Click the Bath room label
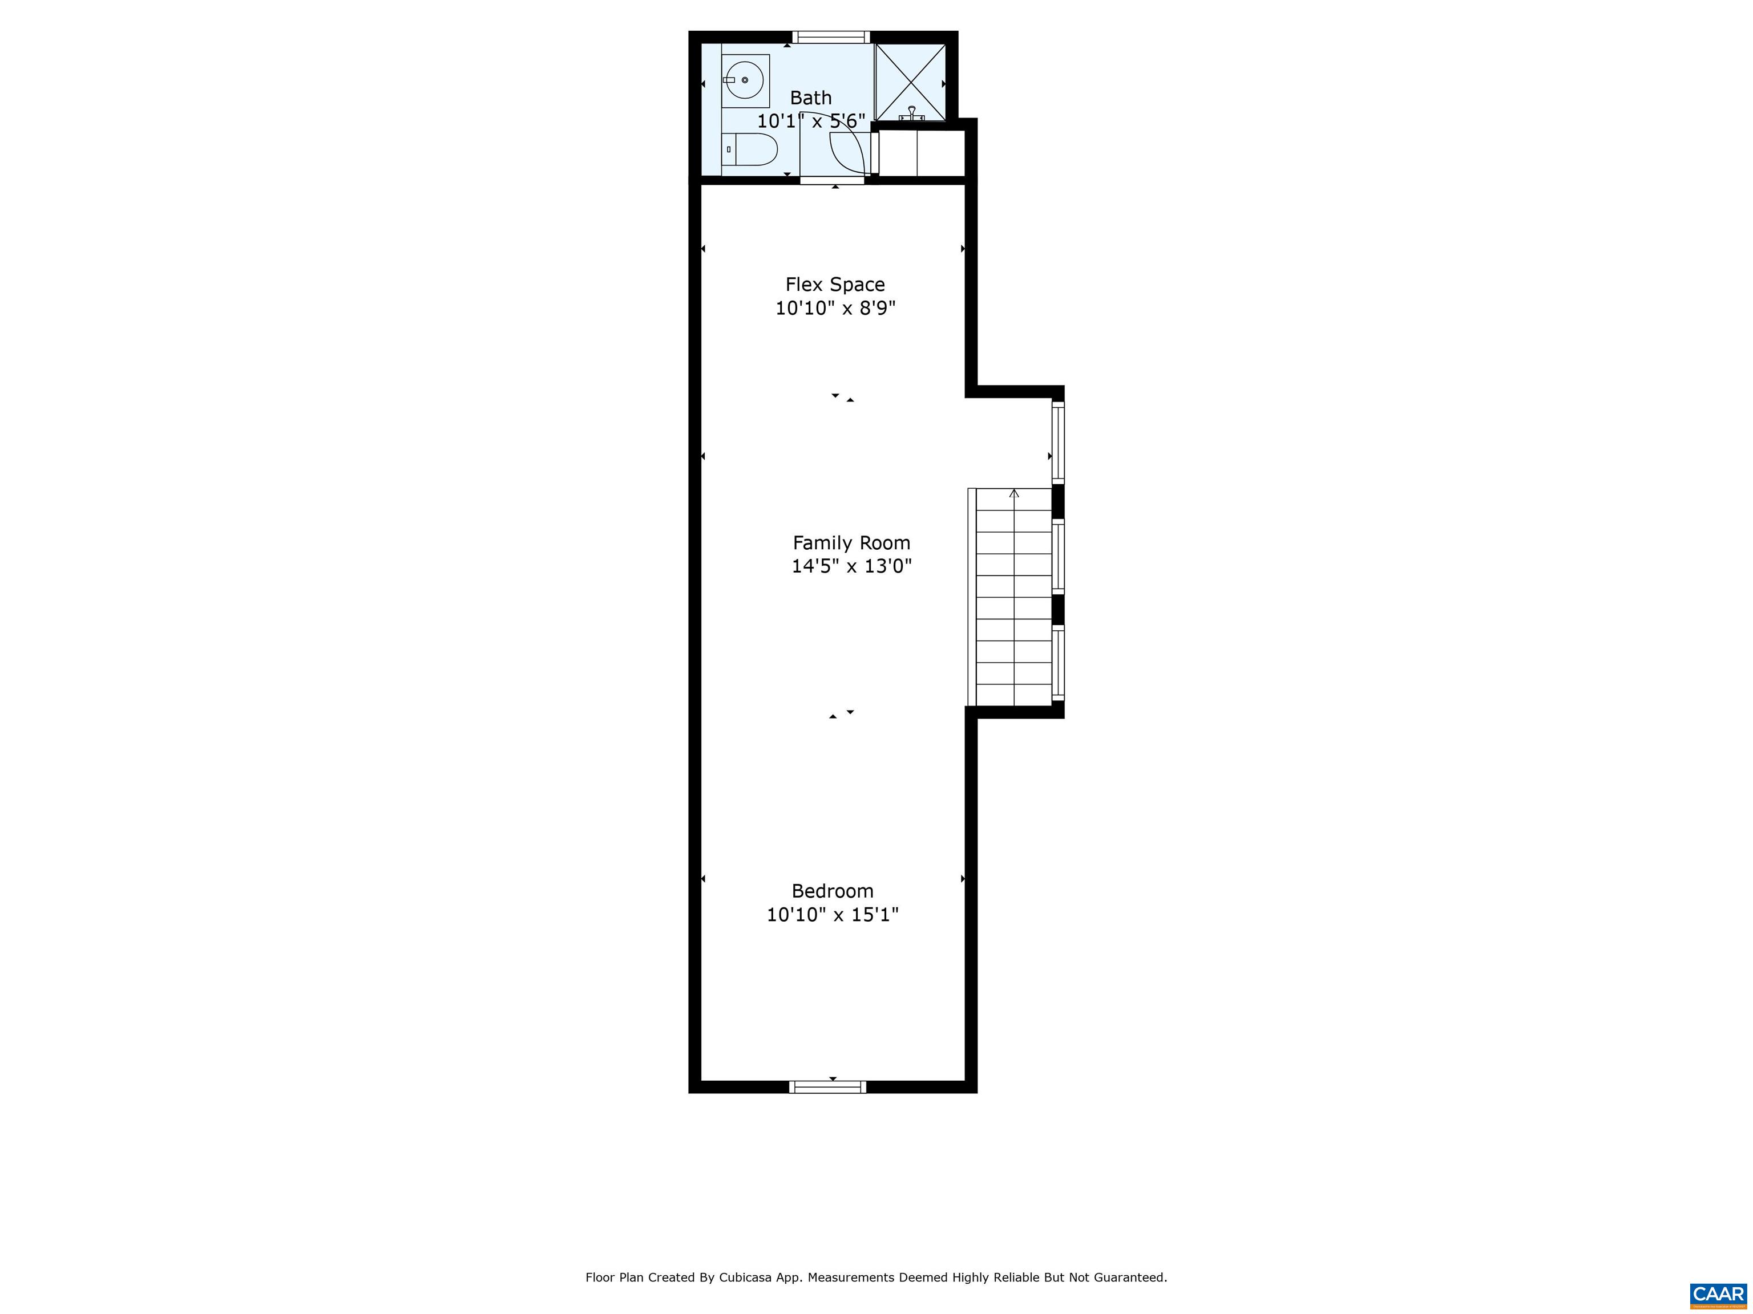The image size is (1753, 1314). (811, 98)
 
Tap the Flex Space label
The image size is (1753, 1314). (835, 285)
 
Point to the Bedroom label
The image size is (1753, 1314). (833, 891)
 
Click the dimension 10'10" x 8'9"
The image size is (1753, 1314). (835, 308)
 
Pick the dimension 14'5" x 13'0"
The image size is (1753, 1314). (852, 566)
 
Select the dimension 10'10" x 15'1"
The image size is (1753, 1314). (833, 915)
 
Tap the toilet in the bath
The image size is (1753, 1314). (750, 149)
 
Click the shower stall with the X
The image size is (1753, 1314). (911, 82)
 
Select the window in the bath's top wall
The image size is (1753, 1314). (831, 37)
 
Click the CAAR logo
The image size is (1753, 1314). (1718, 1294)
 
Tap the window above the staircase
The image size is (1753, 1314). (1058, 442)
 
